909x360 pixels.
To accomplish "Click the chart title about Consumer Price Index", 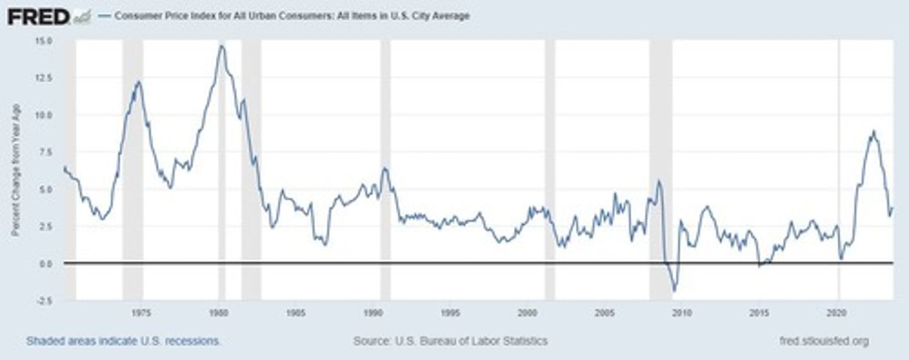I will [x=292, y=16].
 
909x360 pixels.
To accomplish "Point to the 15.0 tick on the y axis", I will [x=44, y=41].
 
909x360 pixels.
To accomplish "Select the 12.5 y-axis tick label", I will [x=44, y=78].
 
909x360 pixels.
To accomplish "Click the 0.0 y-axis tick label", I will [x=46, y=263].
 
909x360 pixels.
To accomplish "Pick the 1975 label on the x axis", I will [x=141, y=313].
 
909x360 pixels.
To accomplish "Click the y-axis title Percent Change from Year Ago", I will [x=16, y=170].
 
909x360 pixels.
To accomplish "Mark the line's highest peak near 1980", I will [x=221, y=45].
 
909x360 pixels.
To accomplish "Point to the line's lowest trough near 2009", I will [x=674, y=291].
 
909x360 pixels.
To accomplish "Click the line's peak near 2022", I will [x=873, y=131].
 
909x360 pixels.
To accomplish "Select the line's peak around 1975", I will [x=138, y=81].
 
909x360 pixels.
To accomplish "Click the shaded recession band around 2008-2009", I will [x=660, y=171].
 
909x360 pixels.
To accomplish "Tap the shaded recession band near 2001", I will [x=550, y=171].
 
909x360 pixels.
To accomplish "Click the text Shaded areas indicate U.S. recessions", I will [x=124, y=341].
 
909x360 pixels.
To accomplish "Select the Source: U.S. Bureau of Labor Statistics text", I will [x=450, y=341].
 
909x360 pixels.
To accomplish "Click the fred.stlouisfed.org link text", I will [x=824, y=341].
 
